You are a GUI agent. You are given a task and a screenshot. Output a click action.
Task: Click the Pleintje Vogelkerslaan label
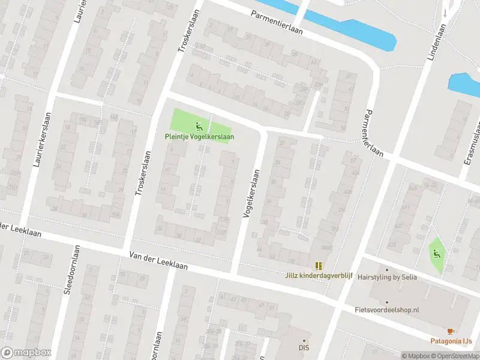[x=199, y=137]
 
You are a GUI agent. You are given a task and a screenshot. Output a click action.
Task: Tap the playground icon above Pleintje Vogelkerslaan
[x=199, y=126]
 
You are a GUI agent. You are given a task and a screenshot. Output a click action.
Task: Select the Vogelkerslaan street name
[x=251, y=193]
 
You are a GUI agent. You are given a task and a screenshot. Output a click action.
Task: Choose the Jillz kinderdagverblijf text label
[x=318, y=276]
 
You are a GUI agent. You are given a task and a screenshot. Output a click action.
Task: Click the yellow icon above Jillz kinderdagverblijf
[x=318, y=265]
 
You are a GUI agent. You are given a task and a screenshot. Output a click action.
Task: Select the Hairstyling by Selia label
[x=387, y=278]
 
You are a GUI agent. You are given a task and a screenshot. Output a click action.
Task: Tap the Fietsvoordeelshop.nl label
[x=387, y=310]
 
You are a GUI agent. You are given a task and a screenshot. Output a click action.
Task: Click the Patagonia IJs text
[x=451, y=341]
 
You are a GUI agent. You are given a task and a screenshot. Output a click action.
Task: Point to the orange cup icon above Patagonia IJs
[x=451, y=331]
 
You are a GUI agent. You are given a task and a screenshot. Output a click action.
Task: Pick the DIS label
[x=304, y=347]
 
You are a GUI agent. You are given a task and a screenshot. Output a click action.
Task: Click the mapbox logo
[x=26, y=353]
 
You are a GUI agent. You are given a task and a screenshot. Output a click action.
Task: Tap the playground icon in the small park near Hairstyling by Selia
[x=436, y=253]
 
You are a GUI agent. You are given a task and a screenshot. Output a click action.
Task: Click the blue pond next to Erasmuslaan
[x=464, y=84]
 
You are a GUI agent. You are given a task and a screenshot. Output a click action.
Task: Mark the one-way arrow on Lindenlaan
[x=445, y=13]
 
